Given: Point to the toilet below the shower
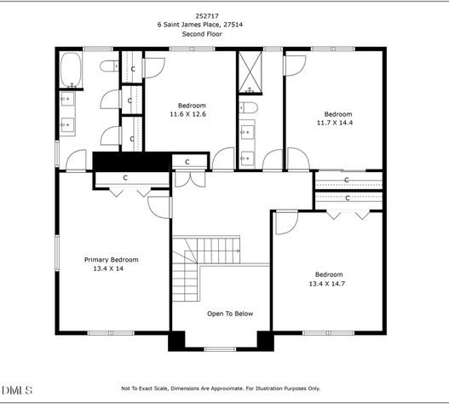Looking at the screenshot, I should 246,107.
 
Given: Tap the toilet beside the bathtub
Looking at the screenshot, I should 109,66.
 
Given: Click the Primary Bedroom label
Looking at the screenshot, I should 111,259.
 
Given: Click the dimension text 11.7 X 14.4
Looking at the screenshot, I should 337,123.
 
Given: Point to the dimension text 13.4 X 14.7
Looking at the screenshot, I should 329,283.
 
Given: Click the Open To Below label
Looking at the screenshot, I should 230,314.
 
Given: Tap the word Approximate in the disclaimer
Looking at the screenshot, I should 229,389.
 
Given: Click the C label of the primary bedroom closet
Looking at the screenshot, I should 125,178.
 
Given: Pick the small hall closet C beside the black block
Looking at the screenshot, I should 187,162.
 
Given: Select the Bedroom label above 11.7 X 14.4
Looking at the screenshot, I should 337,113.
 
